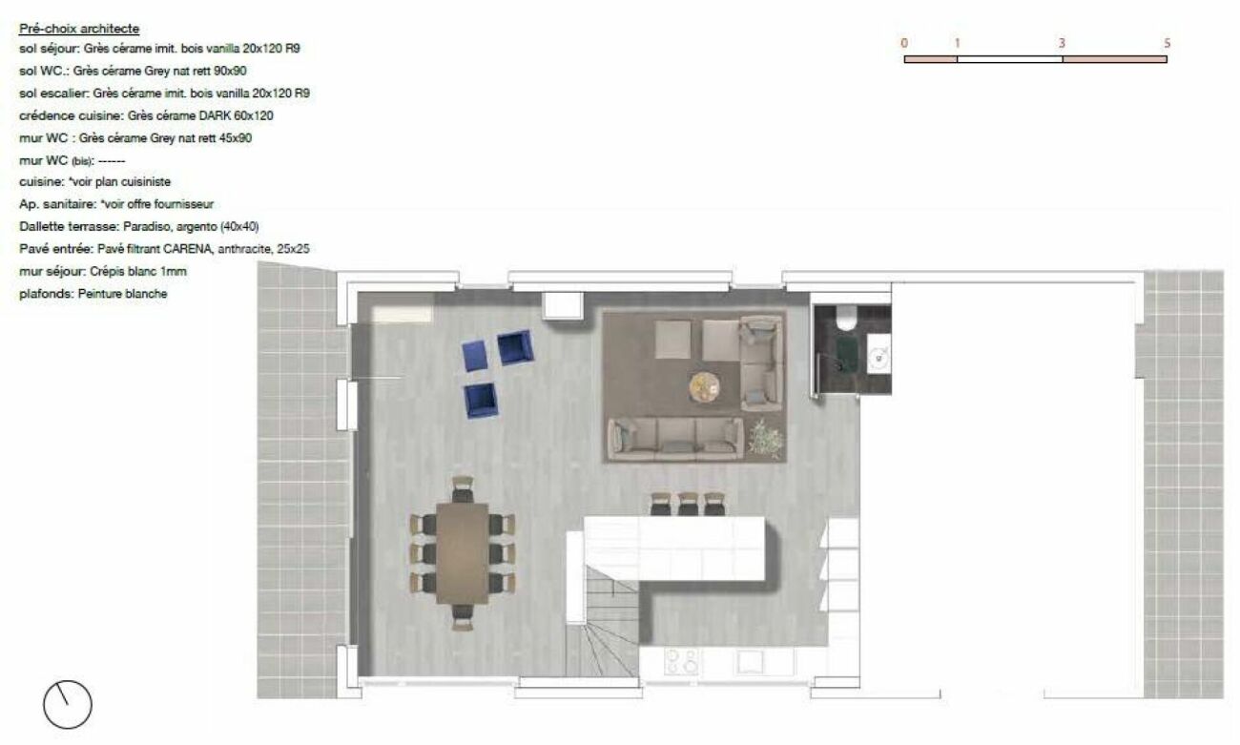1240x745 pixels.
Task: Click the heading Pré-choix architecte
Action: pyautogui.click(x=79, y=29)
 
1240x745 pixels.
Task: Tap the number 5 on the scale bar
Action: pyautogui.click(x=1167, y=43)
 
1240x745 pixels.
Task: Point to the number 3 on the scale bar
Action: pyautogui.click(x=1062, y=43)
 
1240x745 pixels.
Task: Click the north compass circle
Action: pyautogui.click(x=68, y=704)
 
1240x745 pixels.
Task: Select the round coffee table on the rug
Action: pyautogui.click(x=705, y=386)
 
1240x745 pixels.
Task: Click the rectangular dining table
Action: pyautogui.click(x=463, y=553)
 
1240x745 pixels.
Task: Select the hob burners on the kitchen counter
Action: pyautogui.click(x=681, y=662)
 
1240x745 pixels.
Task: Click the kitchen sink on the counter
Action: pyautogui.click(x=750, y=662)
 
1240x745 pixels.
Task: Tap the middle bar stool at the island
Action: pyautogui.click(x=688, y=504)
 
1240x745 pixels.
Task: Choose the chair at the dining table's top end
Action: pyautogui.click(x=463, y=489)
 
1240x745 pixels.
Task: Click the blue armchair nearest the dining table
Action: pyautogui.click(x=481, y=401)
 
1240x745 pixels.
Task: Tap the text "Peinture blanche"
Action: pyautogui.click(x=122, y=294)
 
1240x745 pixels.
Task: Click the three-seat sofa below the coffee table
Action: pyautogui.click(x=675, y=439)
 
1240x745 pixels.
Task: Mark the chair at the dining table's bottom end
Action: pyautogui.click(x=463, y=618)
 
